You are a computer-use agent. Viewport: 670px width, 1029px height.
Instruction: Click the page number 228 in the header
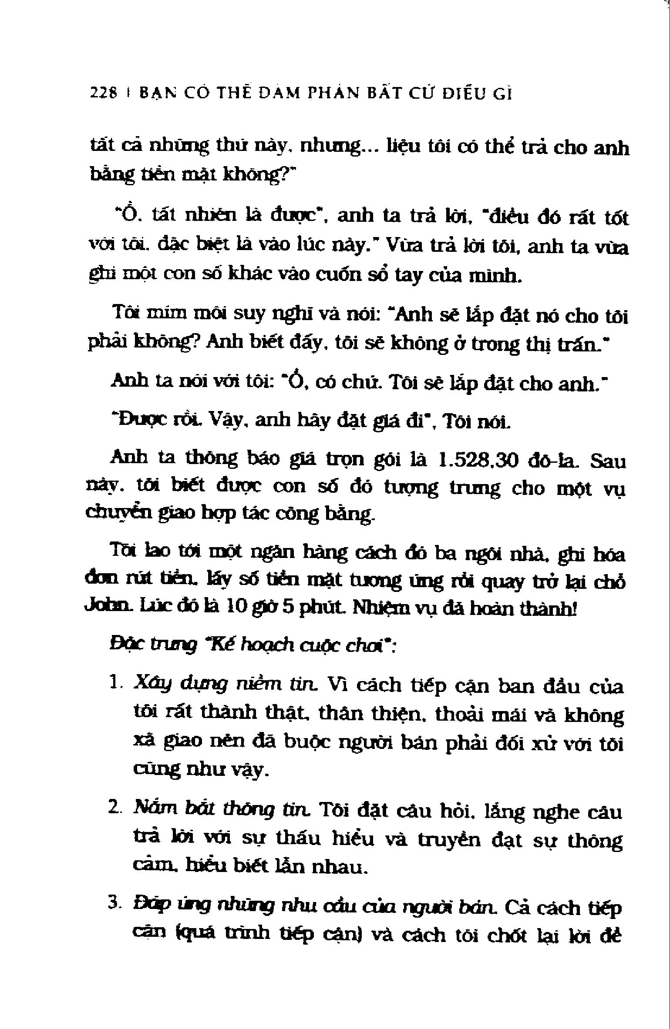pos(103,94)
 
